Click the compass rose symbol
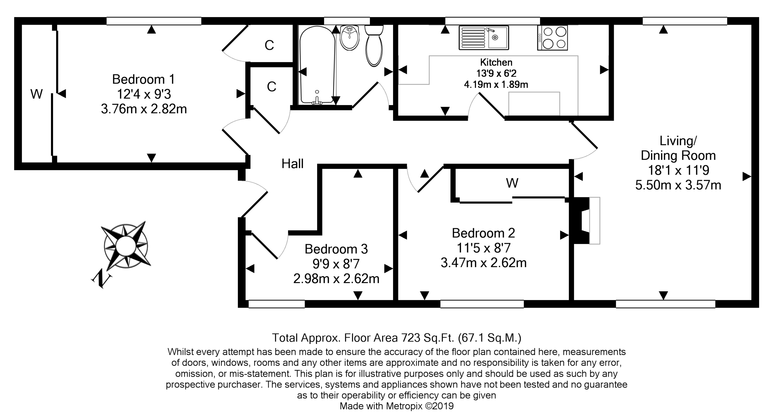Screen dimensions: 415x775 coord(126,245)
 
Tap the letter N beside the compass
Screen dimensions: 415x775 coord(101,279)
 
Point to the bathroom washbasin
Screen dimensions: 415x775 coord(350,38)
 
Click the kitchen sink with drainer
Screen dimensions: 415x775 coord(484,38)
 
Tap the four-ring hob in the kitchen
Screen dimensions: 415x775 coord(552,38)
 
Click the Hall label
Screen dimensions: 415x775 coord(292,164)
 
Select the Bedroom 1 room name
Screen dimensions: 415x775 coord(143,79)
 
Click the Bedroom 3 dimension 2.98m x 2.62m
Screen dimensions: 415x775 coord(336,279)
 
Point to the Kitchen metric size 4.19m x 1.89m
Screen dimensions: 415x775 coord(496,84)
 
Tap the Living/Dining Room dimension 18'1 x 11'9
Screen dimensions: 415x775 coord(678,170)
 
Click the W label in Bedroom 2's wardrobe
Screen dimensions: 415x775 coord(512,183)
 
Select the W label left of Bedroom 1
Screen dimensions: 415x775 coord(36,94)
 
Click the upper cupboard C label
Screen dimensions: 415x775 coord(269,45)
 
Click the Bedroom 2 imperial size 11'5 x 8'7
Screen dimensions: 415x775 coord(484,248)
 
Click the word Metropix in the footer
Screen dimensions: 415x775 coord(404,406)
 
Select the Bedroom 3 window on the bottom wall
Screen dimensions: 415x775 coord(277,304)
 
